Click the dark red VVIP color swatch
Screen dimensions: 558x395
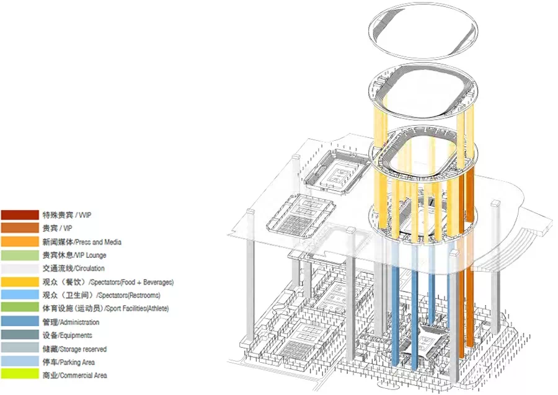(x=20, y=215)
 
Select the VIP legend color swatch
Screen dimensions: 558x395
(x=20, y=228)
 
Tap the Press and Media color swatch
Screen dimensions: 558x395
(x=20, y=242)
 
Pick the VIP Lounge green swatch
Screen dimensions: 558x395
(x=20, y=255)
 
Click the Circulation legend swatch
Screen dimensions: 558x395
(x=20, y=269)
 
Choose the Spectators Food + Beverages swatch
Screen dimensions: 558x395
(x=20, y=282)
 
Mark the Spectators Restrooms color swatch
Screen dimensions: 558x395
(x=20, y=295)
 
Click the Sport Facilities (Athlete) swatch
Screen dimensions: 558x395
(x=20, y=308)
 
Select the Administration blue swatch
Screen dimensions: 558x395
(x=20, y=322)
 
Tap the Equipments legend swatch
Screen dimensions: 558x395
(x=20, y=335)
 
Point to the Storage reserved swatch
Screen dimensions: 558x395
(x=20, y=348)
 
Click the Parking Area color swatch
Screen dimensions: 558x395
(x=20, y=362)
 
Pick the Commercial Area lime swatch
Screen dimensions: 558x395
(x=20, y=375)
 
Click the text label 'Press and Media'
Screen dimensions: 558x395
(x=99, y=242)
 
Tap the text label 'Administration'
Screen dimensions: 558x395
(x=80, y=322)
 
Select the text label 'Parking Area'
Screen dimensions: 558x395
(x=77, y=362)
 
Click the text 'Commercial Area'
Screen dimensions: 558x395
(x=83, y=375)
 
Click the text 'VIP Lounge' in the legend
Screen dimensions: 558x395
(x=91, y=255)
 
